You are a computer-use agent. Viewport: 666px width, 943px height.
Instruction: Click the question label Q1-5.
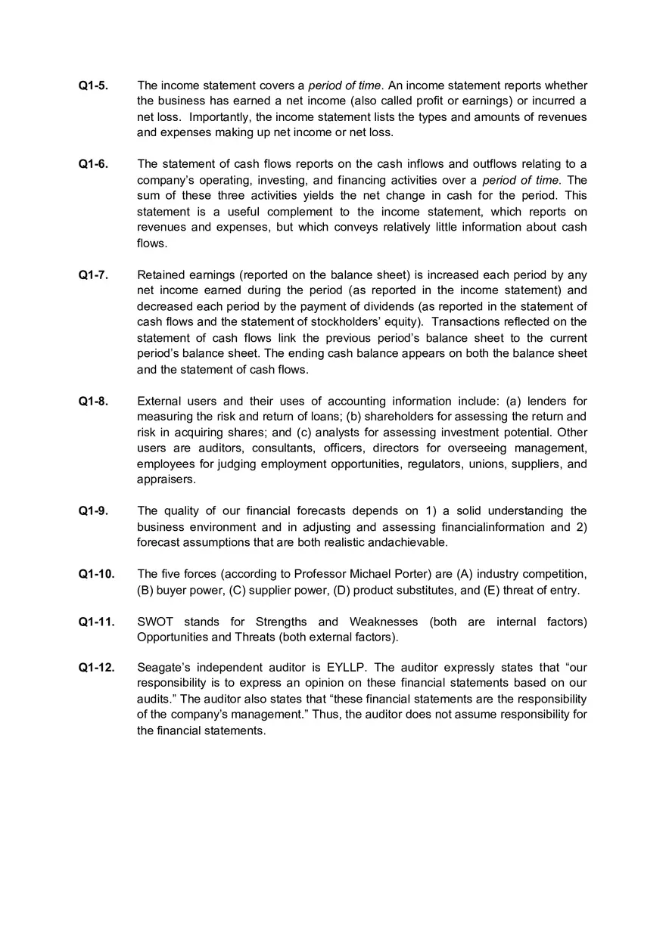pos(93,85)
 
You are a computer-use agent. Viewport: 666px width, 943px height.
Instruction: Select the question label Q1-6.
pos(93,164)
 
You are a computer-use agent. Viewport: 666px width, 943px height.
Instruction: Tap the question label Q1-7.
pos(93,275)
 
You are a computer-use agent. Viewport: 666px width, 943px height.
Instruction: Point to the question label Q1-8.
pos(93,401)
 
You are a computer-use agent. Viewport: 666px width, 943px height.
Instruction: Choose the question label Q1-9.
pos(93,511)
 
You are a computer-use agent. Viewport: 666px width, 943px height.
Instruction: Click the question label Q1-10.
pos(96,574)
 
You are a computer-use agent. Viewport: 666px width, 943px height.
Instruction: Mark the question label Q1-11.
pos(96,622)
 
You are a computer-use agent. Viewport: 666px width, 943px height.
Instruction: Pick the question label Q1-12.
pos(96,667)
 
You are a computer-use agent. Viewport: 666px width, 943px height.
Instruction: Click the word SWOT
pos(155,622)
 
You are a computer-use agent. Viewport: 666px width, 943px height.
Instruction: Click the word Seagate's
pos(163,667)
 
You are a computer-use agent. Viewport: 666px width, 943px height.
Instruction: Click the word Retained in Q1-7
pos(160,275)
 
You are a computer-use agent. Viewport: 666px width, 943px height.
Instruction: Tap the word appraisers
pos(166,479)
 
